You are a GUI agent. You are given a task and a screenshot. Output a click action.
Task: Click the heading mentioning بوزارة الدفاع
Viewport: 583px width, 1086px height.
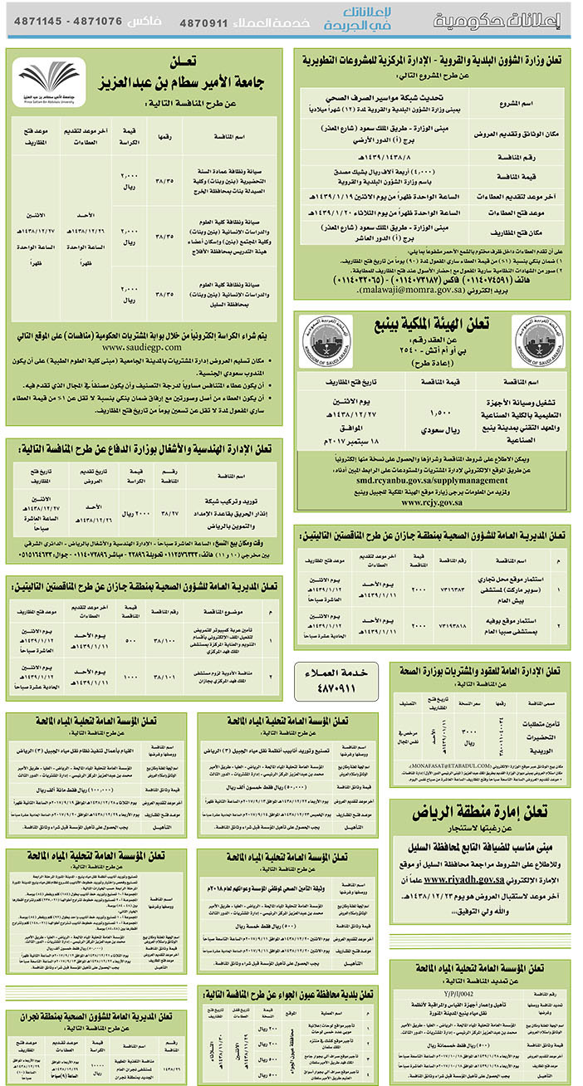point(145,449)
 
